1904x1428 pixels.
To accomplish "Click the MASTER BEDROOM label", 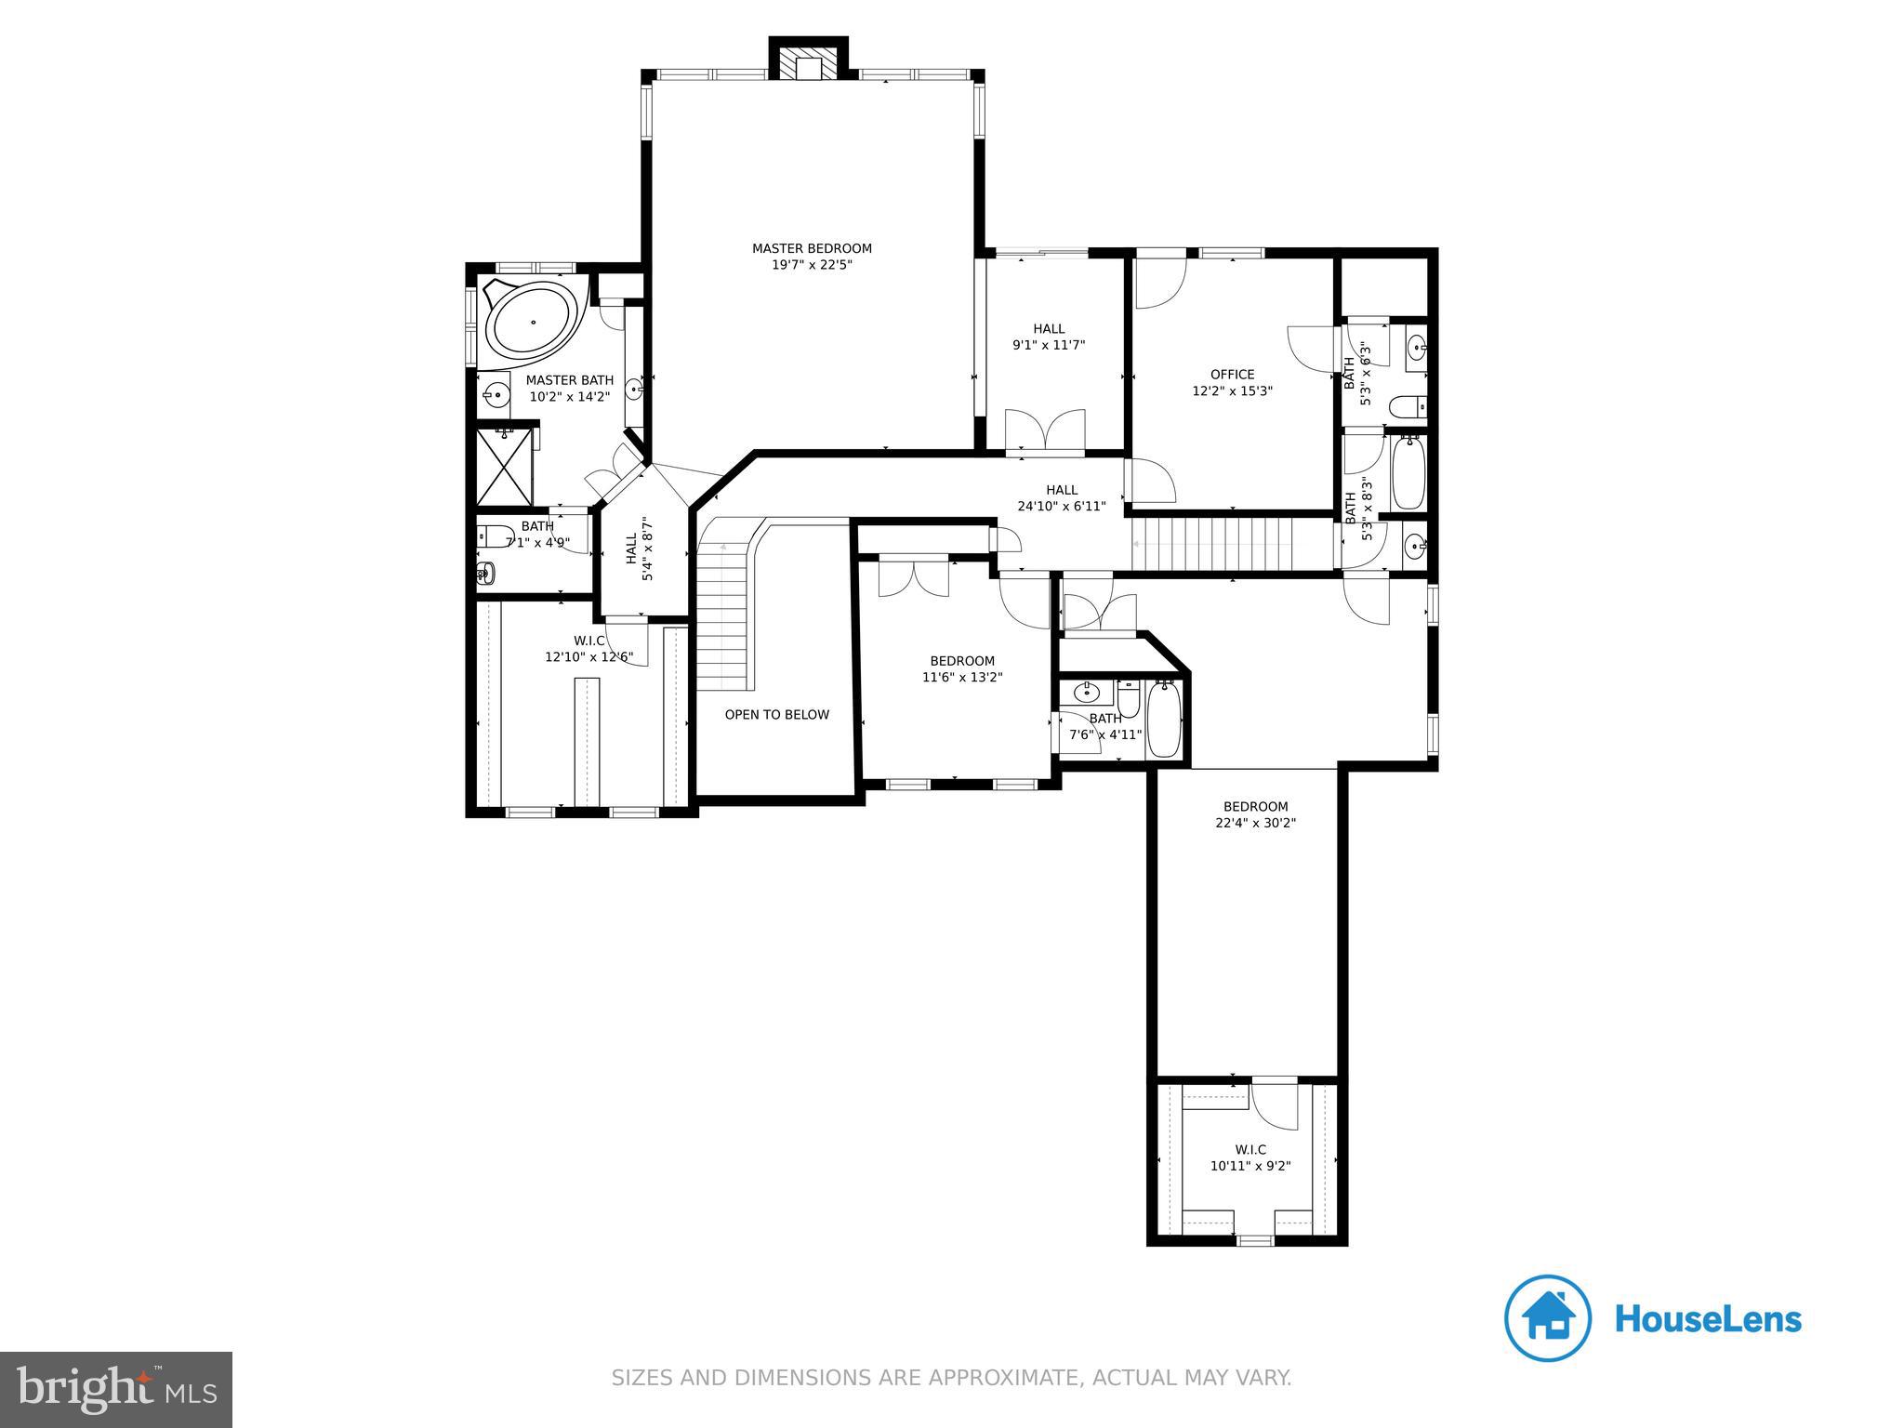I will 812,248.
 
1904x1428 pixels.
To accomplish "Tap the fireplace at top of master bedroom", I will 808,66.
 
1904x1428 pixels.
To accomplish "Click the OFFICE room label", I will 1232,375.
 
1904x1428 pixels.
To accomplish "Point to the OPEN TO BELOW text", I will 776,715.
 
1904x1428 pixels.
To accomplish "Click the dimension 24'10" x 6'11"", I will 1061,507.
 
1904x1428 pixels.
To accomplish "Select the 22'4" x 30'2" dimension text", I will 1255,823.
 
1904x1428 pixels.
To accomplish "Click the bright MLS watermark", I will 116,1389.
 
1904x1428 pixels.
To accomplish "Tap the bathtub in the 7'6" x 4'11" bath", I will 1164,719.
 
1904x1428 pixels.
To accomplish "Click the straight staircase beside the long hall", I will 1218,545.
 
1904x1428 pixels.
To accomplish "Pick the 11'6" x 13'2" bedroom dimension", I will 961,678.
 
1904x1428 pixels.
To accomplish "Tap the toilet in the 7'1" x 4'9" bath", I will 495,536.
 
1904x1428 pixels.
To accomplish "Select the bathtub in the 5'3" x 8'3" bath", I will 1408,474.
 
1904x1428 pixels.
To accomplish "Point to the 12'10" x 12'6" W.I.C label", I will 588,657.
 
